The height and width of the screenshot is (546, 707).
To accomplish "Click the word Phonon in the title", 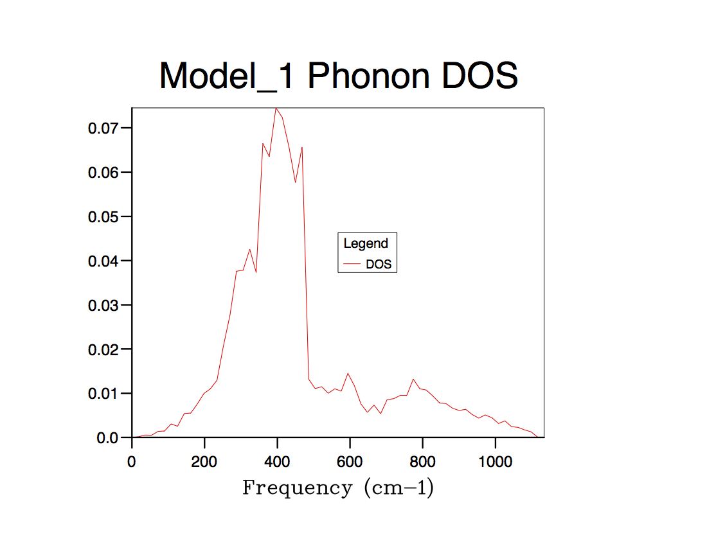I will (368, 76).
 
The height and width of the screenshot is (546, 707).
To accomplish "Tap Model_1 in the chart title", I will (227, 76).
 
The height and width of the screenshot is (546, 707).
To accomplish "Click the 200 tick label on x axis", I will (204, 461).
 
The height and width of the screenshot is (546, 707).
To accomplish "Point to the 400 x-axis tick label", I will (277, 461).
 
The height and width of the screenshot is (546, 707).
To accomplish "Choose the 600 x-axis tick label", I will (350, 461).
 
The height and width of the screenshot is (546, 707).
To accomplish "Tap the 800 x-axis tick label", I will (422, 461).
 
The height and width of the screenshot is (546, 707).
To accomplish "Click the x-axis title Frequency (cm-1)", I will (338, 488).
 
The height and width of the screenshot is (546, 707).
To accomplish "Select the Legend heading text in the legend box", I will (366, 243).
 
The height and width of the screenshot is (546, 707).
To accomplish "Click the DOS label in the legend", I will (379, 264).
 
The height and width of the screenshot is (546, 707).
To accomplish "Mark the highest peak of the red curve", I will (276, 108).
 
